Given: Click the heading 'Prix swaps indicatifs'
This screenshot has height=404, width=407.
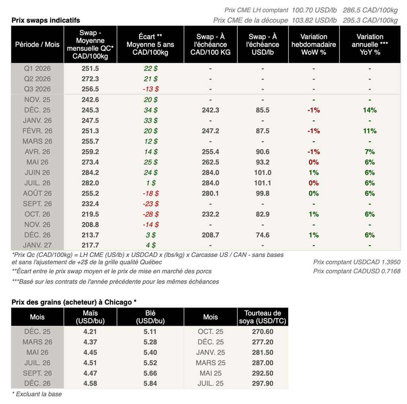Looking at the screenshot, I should point(46,20).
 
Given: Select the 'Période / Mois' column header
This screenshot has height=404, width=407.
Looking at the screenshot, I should point(37,44).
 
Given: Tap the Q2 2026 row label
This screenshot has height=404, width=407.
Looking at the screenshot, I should point(37,79).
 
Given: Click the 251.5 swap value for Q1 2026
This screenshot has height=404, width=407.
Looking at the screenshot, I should point(90,68).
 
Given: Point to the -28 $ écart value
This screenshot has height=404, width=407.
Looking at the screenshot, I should point(150,214).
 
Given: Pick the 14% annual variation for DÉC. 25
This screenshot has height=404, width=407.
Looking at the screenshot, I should point(370,110).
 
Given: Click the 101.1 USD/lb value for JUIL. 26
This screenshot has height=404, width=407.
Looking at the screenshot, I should point(263,183).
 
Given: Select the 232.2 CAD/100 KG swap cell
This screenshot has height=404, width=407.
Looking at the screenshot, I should point(210,214).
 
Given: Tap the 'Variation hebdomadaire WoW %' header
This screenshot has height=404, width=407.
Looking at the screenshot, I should point(314,44).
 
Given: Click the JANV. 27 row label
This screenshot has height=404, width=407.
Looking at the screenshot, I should point(37,245).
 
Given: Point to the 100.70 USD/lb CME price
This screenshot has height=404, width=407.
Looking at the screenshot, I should point(314,10).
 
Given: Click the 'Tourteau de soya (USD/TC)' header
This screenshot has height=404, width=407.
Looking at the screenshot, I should point(262,317).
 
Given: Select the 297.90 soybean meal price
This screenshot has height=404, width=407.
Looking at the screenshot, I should point(262,383).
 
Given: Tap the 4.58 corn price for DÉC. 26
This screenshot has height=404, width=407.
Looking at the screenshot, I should point(90,383).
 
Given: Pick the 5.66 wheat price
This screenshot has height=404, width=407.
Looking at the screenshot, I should point(150,373).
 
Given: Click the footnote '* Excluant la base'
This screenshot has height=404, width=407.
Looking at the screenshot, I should point(37,394).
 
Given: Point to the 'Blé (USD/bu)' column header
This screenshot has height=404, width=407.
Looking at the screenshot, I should point(150,317).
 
